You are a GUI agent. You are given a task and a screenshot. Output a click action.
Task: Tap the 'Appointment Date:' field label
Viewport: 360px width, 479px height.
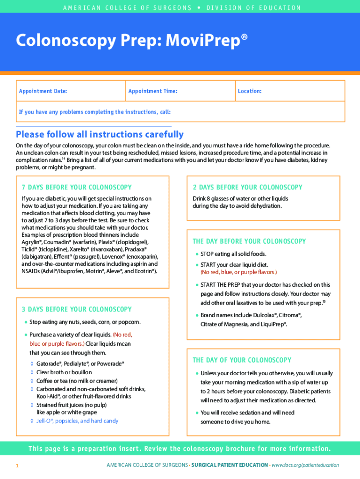coord(43,91)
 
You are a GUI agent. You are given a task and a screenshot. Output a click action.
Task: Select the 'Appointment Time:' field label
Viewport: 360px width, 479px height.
coord(153,91)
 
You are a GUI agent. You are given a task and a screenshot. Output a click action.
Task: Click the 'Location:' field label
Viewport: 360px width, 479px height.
coord(250,91)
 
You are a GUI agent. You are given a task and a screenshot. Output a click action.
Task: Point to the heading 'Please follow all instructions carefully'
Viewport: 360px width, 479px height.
coord(100,135)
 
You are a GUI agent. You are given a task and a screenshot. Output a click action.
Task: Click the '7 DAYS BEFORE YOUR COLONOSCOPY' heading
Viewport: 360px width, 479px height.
coord(77,188)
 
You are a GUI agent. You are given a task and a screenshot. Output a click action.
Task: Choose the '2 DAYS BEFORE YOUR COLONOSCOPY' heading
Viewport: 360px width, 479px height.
coord(247,188)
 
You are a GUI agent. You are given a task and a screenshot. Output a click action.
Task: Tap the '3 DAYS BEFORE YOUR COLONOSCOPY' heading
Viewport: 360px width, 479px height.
coord(77,309)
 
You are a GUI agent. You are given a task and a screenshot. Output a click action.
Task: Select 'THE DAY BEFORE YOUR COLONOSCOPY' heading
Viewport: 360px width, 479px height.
coord(249,241)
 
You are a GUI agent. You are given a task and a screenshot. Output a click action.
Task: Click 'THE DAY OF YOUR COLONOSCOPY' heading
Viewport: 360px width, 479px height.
coord(242,360)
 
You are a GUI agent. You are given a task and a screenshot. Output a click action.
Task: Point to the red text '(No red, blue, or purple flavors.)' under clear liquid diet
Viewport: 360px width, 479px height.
coord(239,272)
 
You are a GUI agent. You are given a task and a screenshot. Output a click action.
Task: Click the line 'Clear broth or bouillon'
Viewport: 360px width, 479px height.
coord(64,372)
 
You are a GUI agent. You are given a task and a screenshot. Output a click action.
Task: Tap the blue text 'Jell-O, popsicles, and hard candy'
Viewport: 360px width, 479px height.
coord(78,421)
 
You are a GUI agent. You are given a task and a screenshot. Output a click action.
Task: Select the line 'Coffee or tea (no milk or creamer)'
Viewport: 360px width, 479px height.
coord(77,381)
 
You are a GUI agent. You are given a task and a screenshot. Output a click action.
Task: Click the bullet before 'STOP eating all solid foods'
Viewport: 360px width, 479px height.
coord(197,254)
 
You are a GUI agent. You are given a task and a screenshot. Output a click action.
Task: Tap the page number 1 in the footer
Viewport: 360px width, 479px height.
coord(17,465)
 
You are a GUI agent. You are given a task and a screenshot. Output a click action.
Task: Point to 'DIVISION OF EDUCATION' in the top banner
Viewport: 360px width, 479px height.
coord(254,8)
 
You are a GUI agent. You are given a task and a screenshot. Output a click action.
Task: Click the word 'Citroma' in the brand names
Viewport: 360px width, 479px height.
coord(290,315)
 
